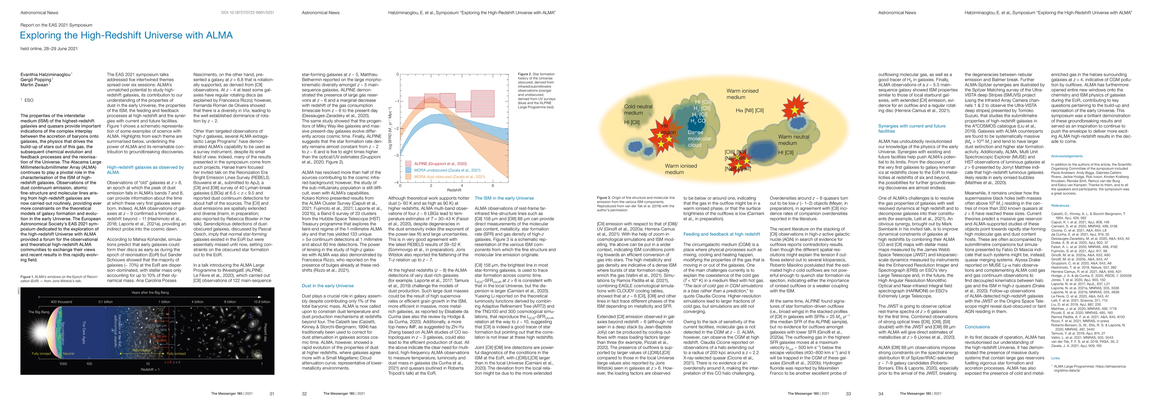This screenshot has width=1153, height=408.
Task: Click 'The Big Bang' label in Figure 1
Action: pyautogui.click(x=38, y=312)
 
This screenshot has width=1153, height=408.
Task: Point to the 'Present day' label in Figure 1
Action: pyautogui.click(x=265, y=332)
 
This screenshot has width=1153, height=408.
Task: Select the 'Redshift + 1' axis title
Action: pyautogui.click(x=150, y=370)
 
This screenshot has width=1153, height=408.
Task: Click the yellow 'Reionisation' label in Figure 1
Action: pyautogui.click(x=141, y=350)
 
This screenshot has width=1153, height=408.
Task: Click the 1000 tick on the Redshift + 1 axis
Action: pyautogui.click(x=63, y=364)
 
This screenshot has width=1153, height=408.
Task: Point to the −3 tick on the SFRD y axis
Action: pyautogui.click(x=396, y=155)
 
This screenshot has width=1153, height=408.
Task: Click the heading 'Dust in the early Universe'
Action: pyautogui.click(x=327, y=286)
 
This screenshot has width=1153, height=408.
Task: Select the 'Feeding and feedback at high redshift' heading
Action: pyautogui.click(x=722, y=234)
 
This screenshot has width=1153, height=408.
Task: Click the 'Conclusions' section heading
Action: pyautogui.click(x=977, y=327)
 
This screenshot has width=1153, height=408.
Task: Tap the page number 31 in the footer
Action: pyautogui.click(x=272, y=394)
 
